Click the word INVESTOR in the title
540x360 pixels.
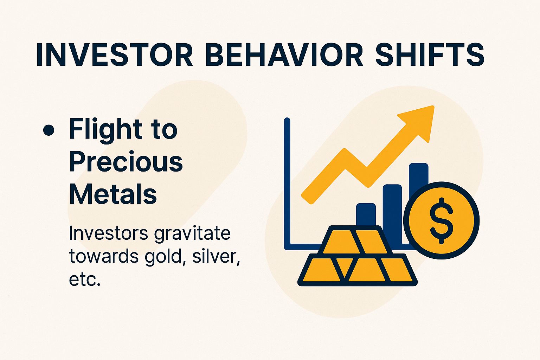click(115, 55)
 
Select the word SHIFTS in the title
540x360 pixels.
click(430, 55)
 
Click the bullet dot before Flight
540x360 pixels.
click(49, 130)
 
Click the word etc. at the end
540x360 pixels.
click(85, 279)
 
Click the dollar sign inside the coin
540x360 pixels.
click(442, 220)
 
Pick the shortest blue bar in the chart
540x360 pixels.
click(366, 214)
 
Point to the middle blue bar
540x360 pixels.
click(392, 207)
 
